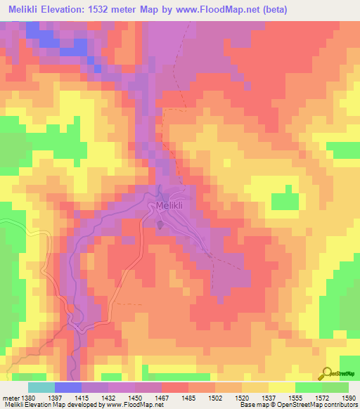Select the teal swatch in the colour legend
tap(41, 387)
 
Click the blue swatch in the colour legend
tap(67, 387)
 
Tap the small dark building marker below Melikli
tap(160, 224)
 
